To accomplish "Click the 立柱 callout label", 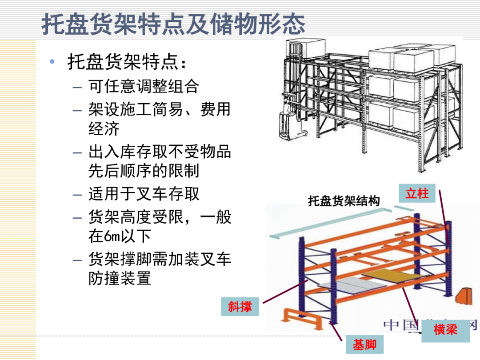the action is [417, 194].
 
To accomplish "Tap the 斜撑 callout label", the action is [240, 306].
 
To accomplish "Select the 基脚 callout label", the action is [365, 344].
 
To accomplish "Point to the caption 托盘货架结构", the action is [344, 201].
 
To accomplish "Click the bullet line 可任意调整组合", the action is [143, 86].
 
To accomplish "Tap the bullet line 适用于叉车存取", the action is [144, 194].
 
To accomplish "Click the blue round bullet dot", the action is [52, 61].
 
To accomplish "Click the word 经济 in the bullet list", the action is [104, 129].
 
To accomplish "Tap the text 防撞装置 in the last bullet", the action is [120, 279].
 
